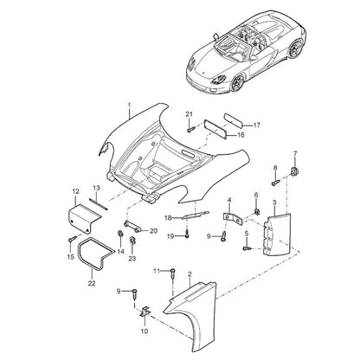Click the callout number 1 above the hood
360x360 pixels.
click(129, 105)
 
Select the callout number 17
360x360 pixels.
click(257, 125)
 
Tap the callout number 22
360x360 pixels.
click(92, 284)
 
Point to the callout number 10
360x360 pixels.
click(145, 331)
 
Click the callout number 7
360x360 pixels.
click(295, 154)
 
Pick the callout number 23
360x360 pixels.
click(132, 259)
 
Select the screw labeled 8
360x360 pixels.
click(275, 182)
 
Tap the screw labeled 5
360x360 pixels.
click(247, 247)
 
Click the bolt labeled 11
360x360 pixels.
click(172, 273)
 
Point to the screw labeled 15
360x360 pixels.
click(73, 239)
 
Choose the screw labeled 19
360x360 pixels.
click(187, 234)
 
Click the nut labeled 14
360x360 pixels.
click(119, 234)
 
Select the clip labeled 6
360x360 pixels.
click(256, 212)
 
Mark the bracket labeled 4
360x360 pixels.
click(233, 218)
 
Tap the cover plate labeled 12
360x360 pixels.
click(84, 218)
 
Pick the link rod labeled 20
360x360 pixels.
click(132, 227)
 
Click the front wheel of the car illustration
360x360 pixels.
click(237, 82)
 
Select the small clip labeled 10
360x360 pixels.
click(145, 312)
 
